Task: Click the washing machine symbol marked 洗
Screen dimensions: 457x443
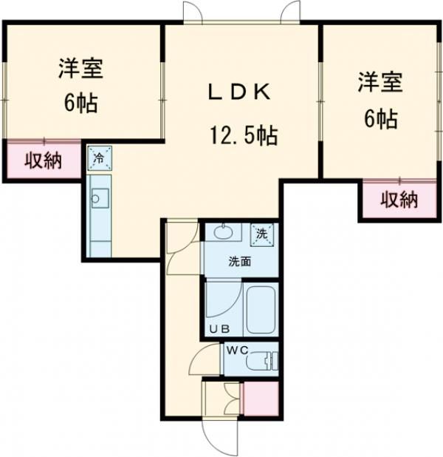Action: (x=261, y=234)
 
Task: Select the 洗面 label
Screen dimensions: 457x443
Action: (x=241, y=261)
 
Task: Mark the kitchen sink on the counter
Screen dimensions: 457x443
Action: (x=99, y=198)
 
